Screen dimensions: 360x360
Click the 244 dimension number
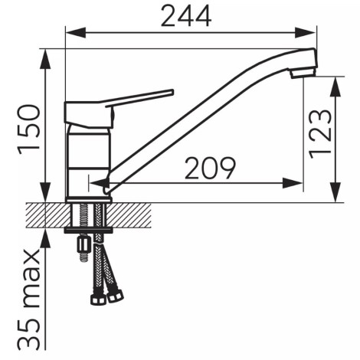coord(186,16)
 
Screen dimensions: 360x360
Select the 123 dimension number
coord(320,134)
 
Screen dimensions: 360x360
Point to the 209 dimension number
coord(210,169)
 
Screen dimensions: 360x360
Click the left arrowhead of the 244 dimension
coord(76,33)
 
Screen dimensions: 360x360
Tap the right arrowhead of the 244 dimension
coord(305,33)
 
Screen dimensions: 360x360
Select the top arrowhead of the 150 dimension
coord(45,59)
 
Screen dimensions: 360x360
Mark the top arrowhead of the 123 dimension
coord(336,87)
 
